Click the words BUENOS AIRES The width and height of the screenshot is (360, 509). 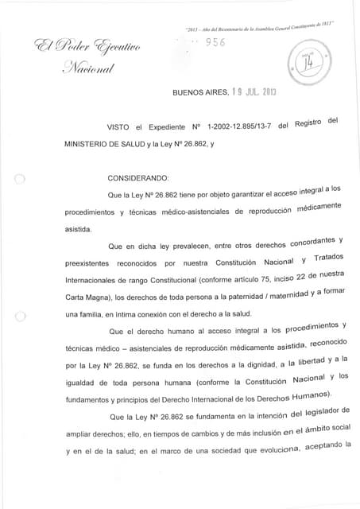click(195, 93)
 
